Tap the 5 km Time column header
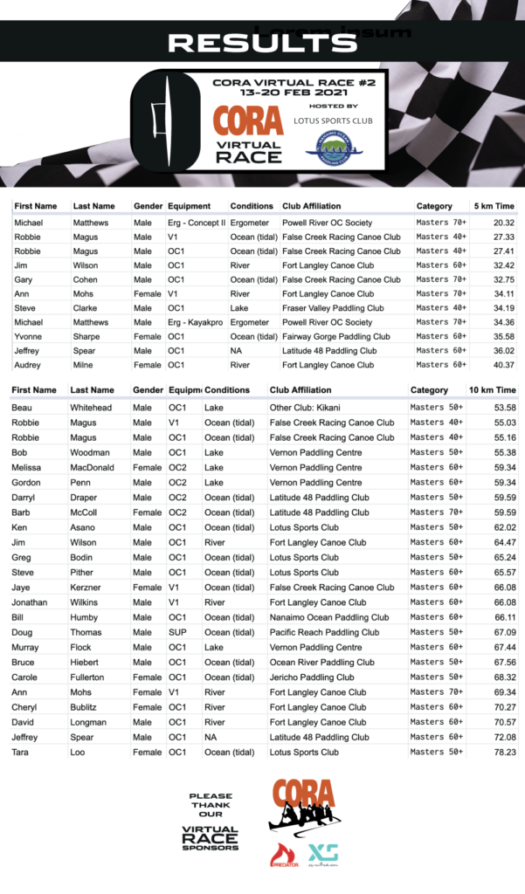coord(493,207)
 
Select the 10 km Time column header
coord(492,390)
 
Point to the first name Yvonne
coord(30,336)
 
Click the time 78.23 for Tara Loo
coord(503,753)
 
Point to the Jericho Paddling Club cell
coord(312,677)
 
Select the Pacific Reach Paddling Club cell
coord(324,632)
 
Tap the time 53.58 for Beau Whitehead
coord(503,408)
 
